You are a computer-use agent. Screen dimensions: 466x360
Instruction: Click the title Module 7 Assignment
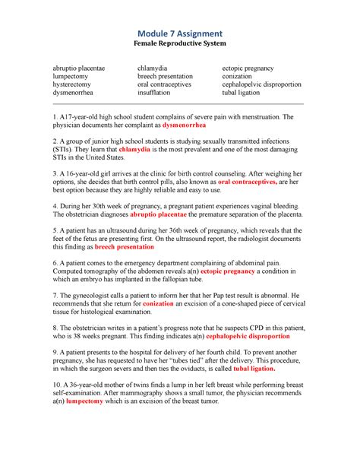(179, 33)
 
